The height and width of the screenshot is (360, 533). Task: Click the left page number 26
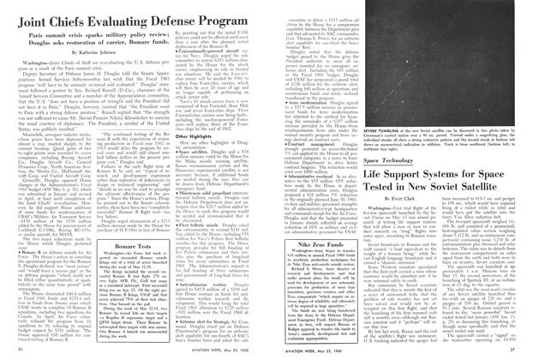[x=21, y=354]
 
